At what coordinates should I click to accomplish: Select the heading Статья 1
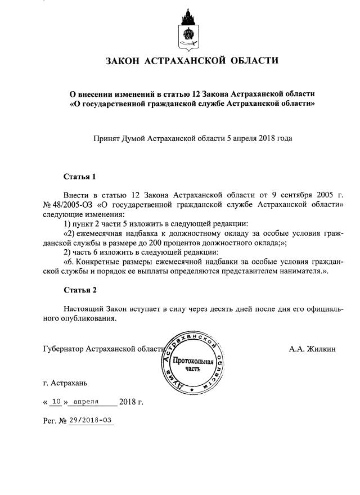pos(80,176)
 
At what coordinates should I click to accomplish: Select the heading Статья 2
pos(80,290)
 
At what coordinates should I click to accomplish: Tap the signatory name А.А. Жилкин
pos(312,349)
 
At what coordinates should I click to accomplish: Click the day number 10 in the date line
pos(55,402)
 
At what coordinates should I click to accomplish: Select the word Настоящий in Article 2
pos(85,309)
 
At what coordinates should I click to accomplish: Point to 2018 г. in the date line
pos(132,402)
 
